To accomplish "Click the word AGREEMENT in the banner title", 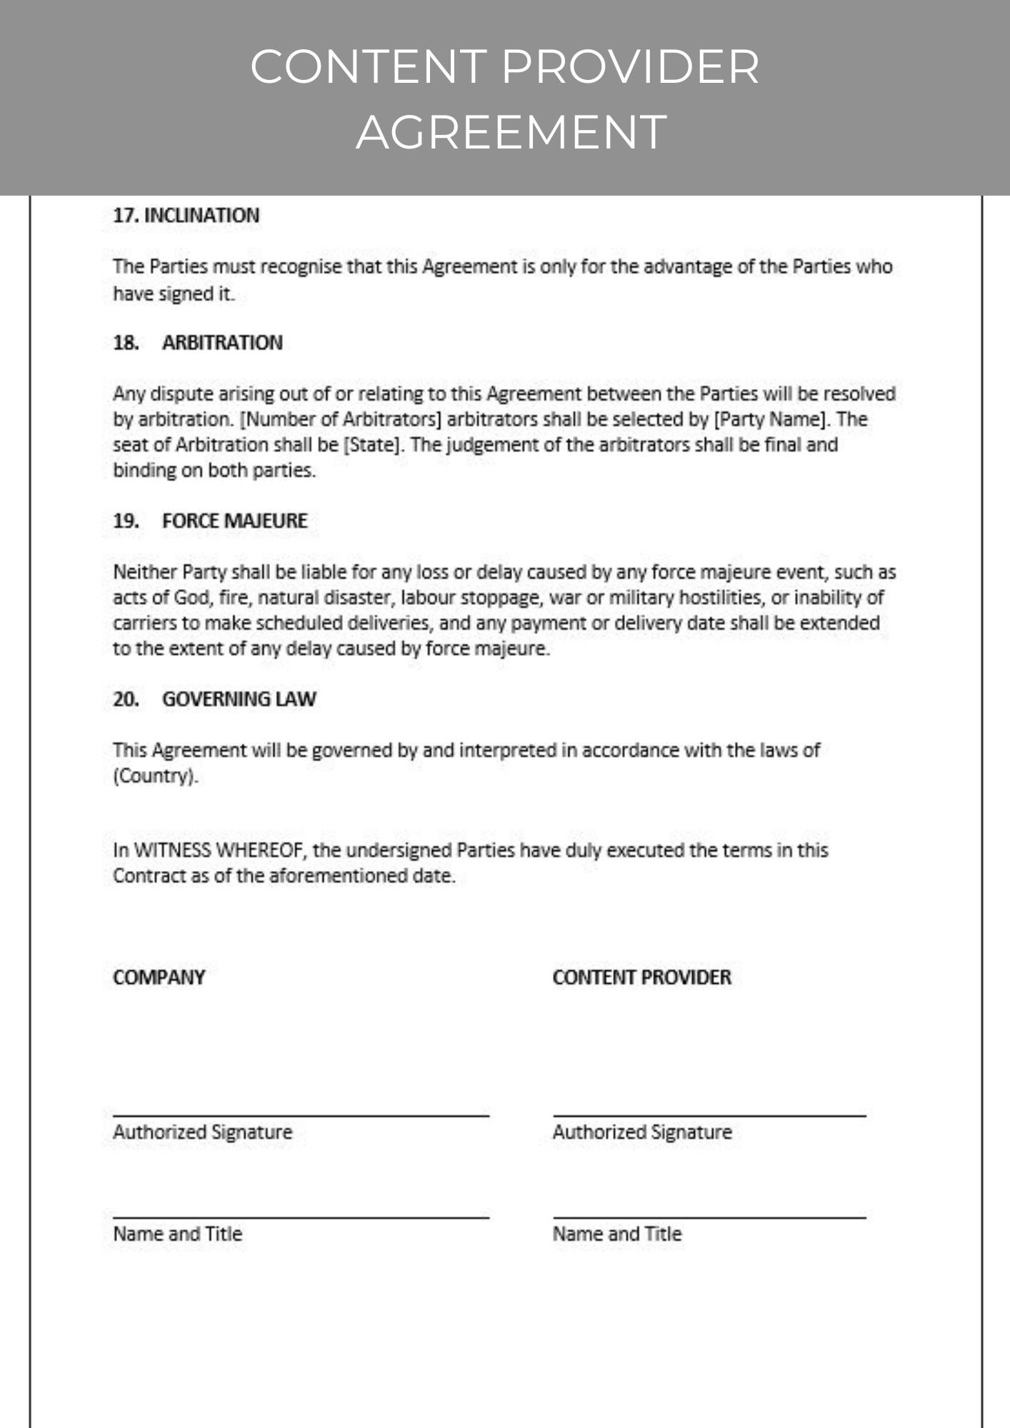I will [x=511, y=133].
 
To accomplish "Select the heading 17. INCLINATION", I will [x=186, y=216].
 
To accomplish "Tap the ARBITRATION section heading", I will [x=222, y=343].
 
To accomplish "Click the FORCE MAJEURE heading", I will [x=234, y=521].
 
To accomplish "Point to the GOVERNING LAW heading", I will [x=239, y=699].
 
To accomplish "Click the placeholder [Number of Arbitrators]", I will [x=342, y=419].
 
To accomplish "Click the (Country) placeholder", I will [x=154, y=776].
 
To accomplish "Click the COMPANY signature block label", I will [x=159, y=977].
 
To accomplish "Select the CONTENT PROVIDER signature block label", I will [x=641, y=977].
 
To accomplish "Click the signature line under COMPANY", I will [x=301, y=1115].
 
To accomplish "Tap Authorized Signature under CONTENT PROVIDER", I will [x=641, y=1132].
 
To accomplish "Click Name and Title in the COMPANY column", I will [x=177, y=1234].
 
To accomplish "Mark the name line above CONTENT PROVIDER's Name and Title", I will [x=709, y=1216].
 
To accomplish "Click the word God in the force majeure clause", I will [x=191, y=598].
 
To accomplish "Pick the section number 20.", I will [x=126, y=699].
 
